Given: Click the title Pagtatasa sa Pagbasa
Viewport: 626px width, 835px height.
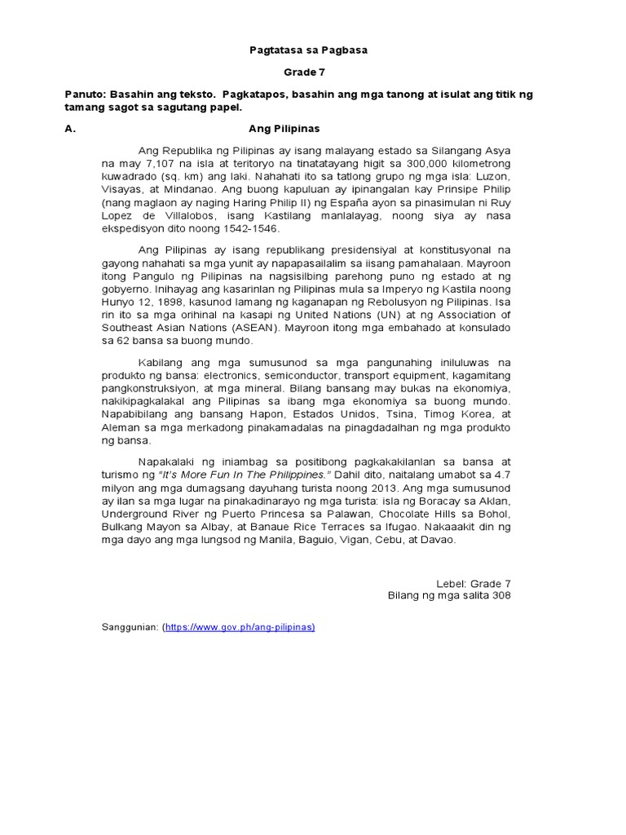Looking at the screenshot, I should tap(308, 51).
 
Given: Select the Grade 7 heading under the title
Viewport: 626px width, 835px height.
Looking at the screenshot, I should tap(308, 73).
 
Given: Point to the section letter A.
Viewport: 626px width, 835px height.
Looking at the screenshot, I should tap(69, 129).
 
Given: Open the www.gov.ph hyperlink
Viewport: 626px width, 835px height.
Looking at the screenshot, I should tap(240, 627).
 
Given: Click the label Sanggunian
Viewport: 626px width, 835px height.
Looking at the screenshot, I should tap(130, 627).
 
